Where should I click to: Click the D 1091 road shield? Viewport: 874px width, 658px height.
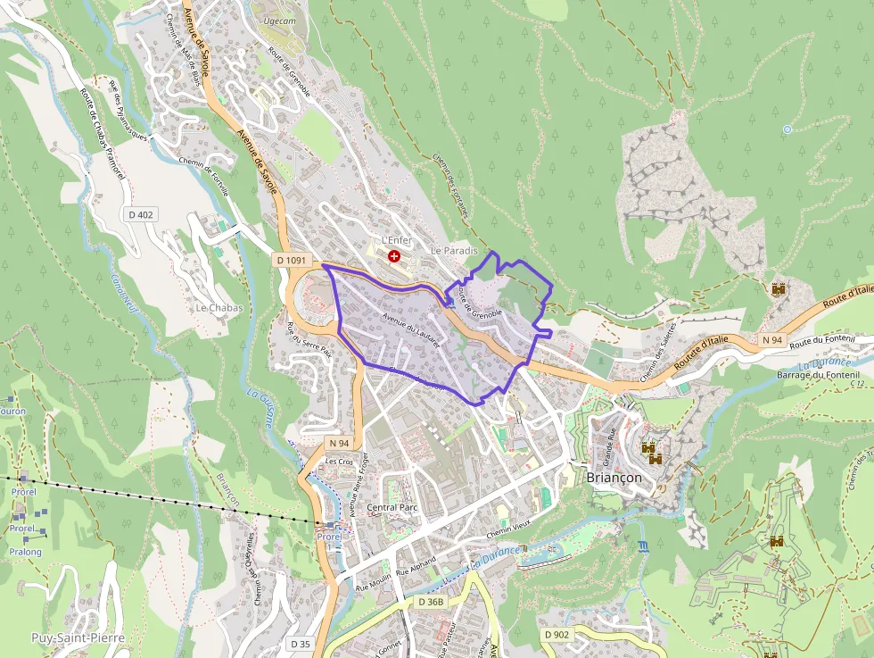click(x=291, y=261)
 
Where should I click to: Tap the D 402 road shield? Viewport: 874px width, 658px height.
click(x=141, y=214)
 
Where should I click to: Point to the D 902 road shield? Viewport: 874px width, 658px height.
click(x=556, y=634)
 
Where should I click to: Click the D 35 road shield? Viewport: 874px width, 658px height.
click(x=300, y=644)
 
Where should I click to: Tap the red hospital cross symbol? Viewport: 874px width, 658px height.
click(x=394, y=256)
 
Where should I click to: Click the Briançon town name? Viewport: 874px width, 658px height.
click(x=614, y=477)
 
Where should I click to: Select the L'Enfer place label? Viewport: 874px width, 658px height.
click(x=395, y=241)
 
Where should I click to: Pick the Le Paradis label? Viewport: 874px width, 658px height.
click(x=454, y=252)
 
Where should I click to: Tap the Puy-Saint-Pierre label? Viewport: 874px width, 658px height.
click(x=78, y=637)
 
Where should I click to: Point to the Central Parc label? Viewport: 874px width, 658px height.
click(x=392, y=507)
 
